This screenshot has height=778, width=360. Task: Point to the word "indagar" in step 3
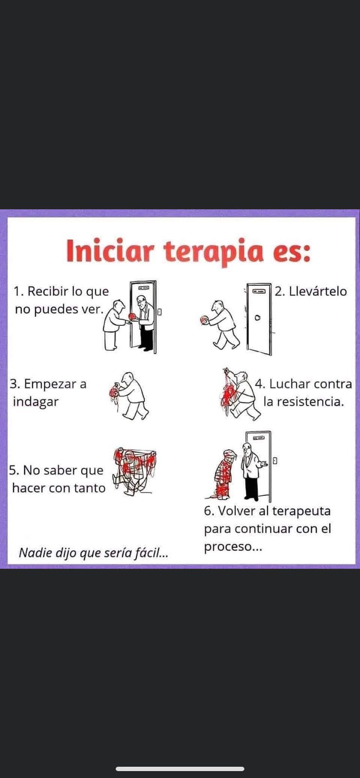pyautogui.click(x=36, y=402)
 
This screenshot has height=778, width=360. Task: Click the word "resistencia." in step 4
pyautogui.click(x=304, y=402)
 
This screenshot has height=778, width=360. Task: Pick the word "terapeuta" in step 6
pyautogui.click(x=301, y=511)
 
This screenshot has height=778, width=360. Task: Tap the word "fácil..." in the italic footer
pyautogui.click(x=151, y=552)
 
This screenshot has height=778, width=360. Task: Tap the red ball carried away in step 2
pyautogui.click(x=205, y=320)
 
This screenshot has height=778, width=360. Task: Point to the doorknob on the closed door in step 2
pyautogui.click(x=258, y=318)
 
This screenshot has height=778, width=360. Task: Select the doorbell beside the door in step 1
pyautogui.click(x=160, y=312)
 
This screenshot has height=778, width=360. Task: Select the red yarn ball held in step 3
pyautogui.click(x=113, y=392)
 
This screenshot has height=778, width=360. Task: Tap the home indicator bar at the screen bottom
pyautogui.click(x=180, y=769)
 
